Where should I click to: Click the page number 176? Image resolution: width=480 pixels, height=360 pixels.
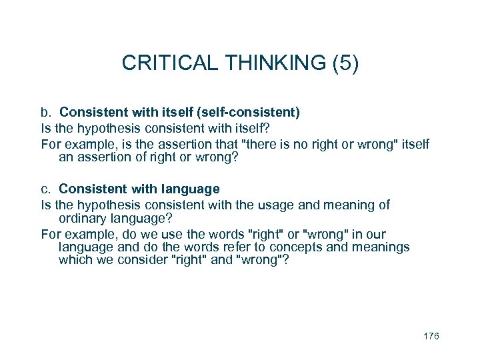click(431, 337)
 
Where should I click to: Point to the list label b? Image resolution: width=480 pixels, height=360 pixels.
click(46, 113)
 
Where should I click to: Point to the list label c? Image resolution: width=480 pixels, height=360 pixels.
click(46, 189)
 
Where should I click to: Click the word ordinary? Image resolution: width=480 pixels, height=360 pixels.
click(83, 217)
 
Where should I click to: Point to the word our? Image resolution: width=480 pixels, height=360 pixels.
click(375, 235)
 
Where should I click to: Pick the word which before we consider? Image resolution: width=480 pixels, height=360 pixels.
click(73, 260)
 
